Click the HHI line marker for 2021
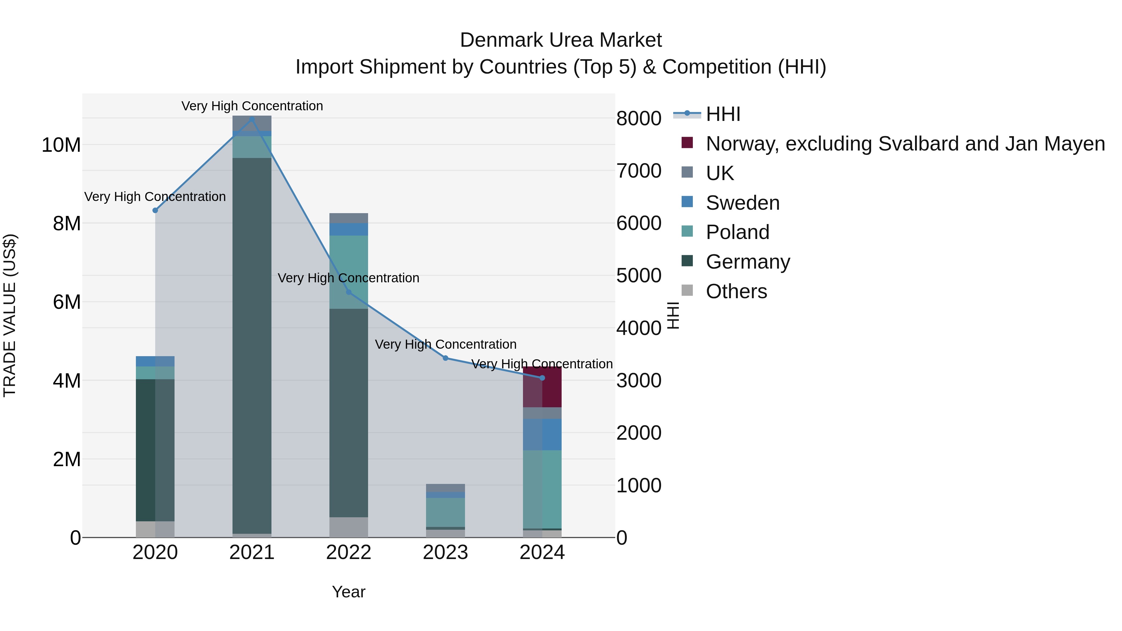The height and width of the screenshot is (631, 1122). (252, 119)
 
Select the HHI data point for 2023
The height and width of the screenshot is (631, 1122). (445, 358)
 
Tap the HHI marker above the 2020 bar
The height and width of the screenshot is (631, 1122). (155, 210)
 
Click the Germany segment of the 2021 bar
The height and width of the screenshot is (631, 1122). (252, 344)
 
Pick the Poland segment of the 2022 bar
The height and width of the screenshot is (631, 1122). (348, 272)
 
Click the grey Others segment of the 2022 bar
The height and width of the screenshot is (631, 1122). (348, 527)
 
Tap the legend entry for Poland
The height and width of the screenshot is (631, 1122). (737, 232)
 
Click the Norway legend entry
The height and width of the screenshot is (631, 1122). (905, 144)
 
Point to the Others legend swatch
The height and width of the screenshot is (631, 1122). (687, 290)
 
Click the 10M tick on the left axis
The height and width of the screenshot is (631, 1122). (61, 145)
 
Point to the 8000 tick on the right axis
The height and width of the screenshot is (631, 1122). (639, 118)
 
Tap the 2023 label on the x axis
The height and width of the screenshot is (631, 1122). (445, 552)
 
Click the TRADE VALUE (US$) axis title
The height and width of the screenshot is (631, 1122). (10, 315)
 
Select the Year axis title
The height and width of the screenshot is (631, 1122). (348, 592)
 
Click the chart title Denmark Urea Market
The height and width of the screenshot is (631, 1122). (561, 40)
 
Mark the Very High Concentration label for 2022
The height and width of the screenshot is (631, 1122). (348, 278)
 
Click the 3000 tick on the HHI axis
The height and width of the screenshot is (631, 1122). (639, 380)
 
